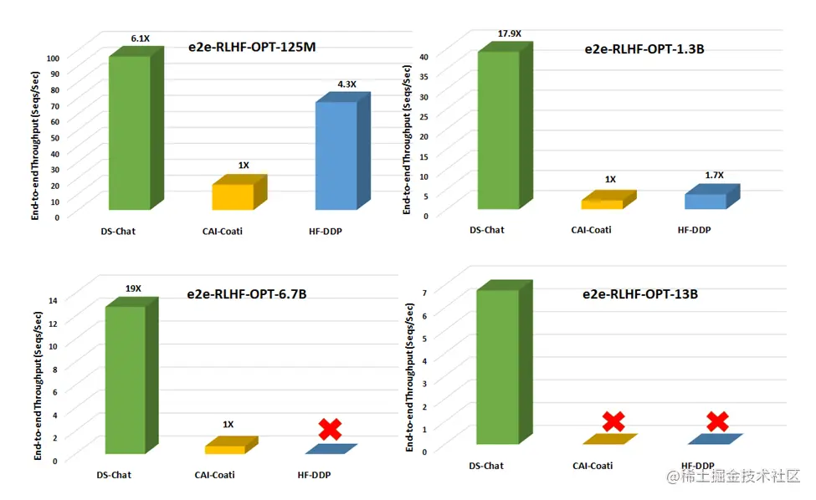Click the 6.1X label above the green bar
coord(140,38)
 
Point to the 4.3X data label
coord(346,84)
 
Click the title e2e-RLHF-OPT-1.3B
coord(644,48)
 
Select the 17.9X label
coord(509,34)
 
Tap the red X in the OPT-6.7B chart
coord(331,429)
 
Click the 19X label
coord(133,288)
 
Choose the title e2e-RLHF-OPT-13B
coord(640,294)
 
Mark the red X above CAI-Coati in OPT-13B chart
coord(613,422)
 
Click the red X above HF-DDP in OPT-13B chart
coord(716,421)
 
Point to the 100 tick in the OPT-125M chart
coord(52,59)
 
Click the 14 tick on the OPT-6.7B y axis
coord(52,300)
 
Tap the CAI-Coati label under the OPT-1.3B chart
coord(592,230)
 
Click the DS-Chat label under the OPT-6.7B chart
coord(114,475)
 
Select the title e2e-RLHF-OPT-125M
coord(251,47)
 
